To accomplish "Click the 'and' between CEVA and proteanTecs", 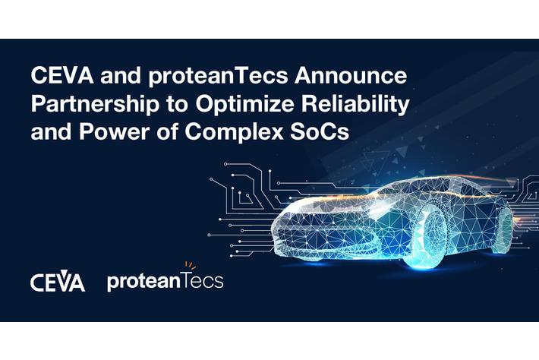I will [113, 77].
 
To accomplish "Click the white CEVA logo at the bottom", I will [58, 282].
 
